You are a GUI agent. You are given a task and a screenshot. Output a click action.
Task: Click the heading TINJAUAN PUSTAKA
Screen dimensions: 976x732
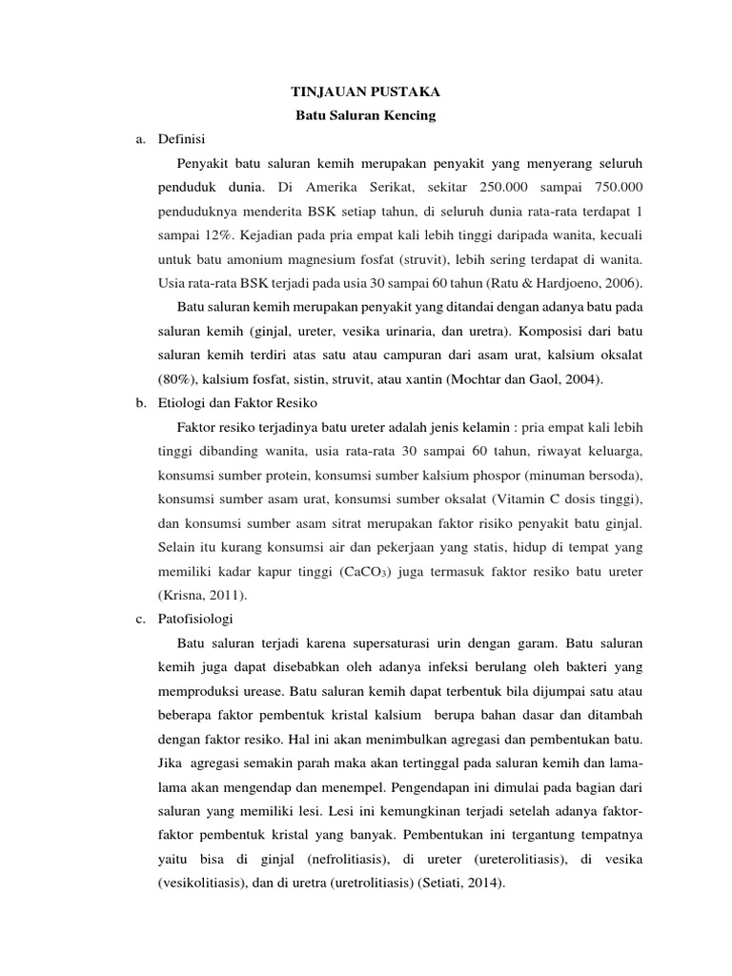pyautogui.click(x=352, y=92)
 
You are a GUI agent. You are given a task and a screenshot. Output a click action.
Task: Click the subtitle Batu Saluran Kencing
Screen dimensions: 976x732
pyautogui.click(x=352, y=116)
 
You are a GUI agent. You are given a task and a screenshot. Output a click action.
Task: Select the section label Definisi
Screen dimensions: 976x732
pyautogui.click(x=180, y=139)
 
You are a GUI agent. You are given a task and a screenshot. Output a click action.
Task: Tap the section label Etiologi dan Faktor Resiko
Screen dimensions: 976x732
pyautogui.click(x=228, y=403)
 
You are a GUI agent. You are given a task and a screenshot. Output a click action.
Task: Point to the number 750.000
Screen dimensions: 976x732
pyautogui.click(x=610, y=186)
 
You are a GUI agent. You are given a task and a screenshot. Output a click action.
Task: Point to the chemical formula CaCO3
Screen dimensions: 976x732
pyautogui.click(x=364, y=572)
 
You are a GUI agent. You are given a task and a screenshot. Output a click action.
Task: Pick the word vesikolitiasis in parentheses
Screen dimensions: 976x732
pyautogui.click(x=200, y=884)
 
